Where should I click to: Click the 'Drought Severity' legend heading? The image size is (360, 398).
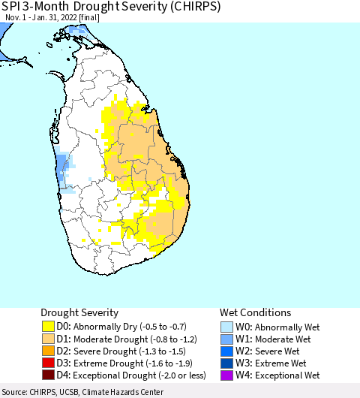(79, 312)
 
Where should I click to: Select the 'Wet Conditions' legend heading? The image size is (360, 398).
(255, 312)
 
